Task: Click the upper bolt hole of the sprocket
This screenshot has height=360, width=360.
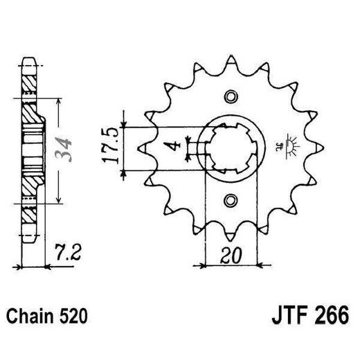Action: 230,97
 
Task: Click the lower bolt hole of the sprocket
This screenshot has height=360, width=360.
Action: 230,201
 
